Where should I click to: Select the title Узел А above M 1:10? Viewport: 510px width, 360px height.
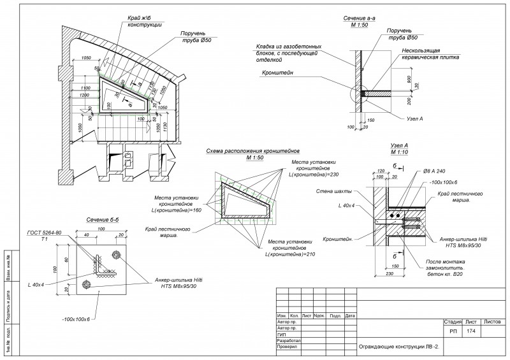coord(398,146)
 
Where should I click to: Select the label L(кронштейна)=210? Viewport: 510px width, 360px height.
coord(293,256)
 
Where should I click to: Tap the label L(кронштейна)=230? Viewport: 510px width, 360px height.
coord(312,175)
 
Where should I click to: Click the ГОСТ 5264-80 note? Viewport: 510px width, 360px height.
coord(44,233)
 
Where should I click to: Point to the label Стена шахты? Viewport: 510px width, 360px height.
coord(331,191)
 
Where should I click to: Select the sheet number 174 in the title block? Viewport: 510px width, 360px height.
coord(471,331)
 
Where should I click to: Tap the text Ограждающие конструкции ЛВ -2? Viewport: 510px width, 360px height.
coord(399,347)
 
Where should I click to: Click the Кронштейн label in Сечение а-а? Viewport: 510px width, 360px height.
coord(275,74)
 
